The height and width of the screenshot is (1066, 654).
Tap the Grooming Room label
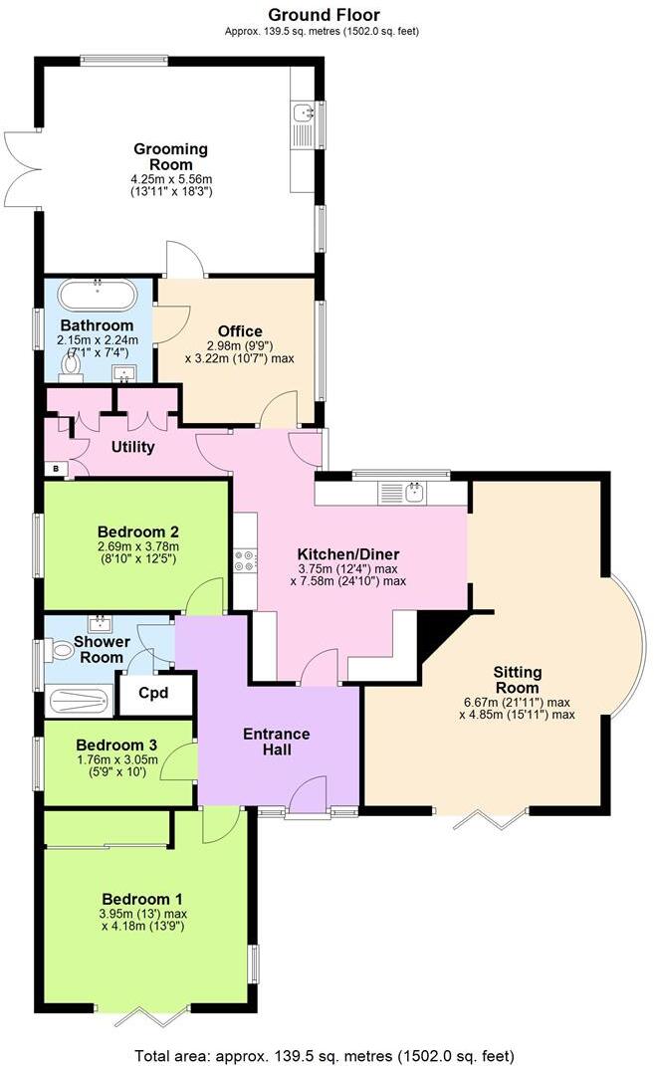[x=171, y=156]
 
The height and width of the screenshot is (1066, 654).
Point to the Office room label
[x=240, y=331]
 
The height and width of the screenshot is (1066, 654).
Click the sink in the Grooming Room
[x=302, y=112]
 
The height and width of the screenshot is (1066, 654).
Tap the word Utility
[x=132, y=447]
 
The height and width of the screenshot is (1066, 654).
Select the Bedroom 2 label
[x=137, y=532]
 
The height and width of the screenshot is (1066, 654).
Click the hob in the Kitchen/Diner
[x=244, y=560]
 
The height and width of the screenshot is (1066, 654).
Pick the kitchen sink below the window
[x=415, y=492]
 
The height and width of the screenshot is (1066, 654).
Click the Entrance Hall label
[x=277, y=742]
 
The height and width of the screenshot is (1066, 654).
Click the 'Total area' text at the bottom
[x=326, y=1055]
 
